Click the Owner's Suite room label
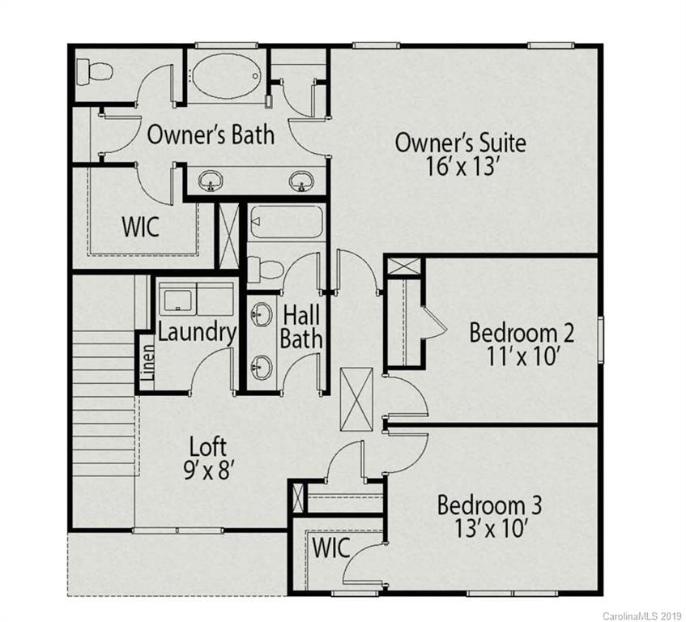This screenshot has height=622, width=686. [460, 143]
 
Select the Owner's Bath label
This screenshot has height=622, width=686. [210, 134]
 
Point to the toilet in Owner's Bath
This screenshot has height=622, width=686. [95, 70]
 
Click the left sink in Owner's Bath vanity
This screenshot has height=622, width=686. [212, 180]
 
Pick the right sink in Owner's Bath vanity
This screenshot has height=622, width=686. [301, 180]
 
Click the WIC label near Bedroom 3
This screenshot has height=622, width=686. [333, 547]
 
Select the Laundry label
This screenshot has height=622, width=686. [197, 331]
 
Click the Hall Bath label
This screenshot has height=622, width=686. [301, 326]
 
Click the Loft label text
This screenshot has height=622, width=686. [208, 446]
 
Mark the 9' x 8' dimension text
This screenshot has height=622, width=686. [208, 470]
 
